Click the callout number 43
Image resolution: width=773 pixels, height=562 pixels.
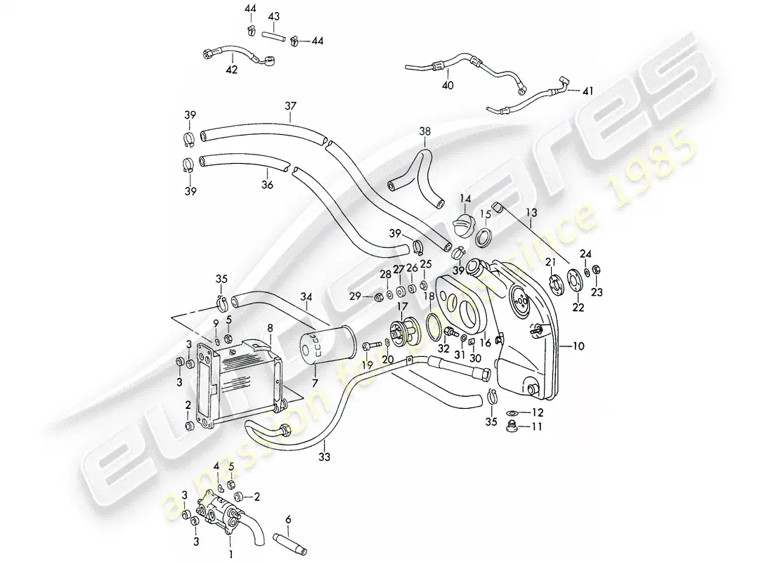tap(274, 16)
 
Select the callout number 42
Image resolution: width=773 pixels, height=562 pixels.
tap(231, 70)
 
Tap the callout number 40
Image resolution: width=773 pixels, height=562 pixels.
tap(448, 85)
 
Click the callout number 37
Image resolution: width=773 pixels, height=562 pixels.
tap(290, 106)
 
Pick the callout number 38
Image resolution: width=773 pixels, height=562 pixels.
tap(425, 131)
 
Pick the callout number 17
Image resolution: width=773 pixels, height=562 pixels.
tap(402, 306)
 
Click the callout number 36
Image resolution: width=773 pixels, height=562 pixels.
tap(267, 185)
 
